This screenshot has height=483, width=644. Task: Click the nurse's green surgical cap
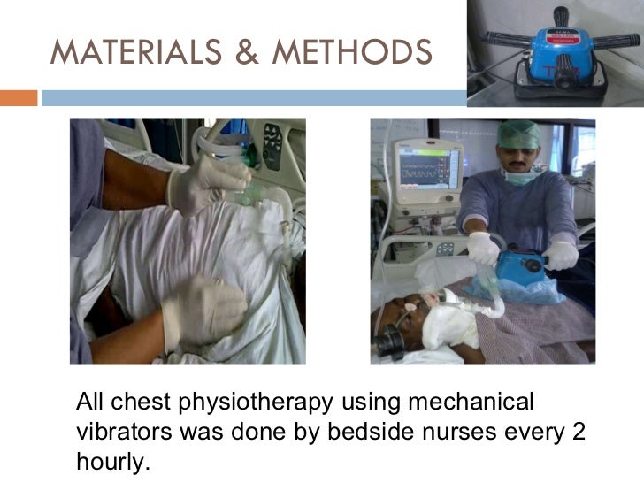click(x=518, y=135)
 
